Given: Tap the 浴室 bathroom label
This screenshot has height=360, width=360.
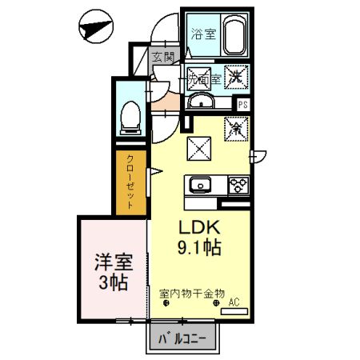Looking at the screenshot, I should tap(203, 34).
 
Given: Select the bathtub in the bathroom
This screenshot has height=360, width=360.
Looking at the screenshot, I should tap(234, 37).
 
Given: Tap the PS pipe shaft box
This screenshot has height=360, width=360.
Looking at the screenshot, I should tap(243, 103).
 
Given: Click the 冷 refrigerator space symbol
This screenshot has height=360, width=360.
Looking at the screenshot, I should tap(237, 126).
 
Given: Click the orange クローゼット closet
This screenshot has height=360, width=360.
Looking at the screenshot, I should tap(130, 182).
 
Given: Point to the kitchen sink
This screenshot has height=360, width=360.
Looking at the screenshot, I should tap(199, 186).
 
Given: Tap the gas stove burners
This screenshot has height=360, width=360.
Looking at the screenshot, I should tap(238, 186).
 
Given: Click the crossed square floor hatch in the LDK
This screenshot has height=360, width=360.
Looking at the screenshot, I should tap(198, 148).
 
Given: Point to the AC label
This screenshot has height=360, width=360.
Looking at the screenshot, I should tap(235, 302).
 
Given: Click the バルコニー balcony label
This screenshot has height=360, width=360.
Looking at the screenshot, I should tap(182, 337).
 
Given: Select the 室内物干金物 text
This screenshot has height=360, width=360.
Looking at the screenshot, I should tap(192, 294).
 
